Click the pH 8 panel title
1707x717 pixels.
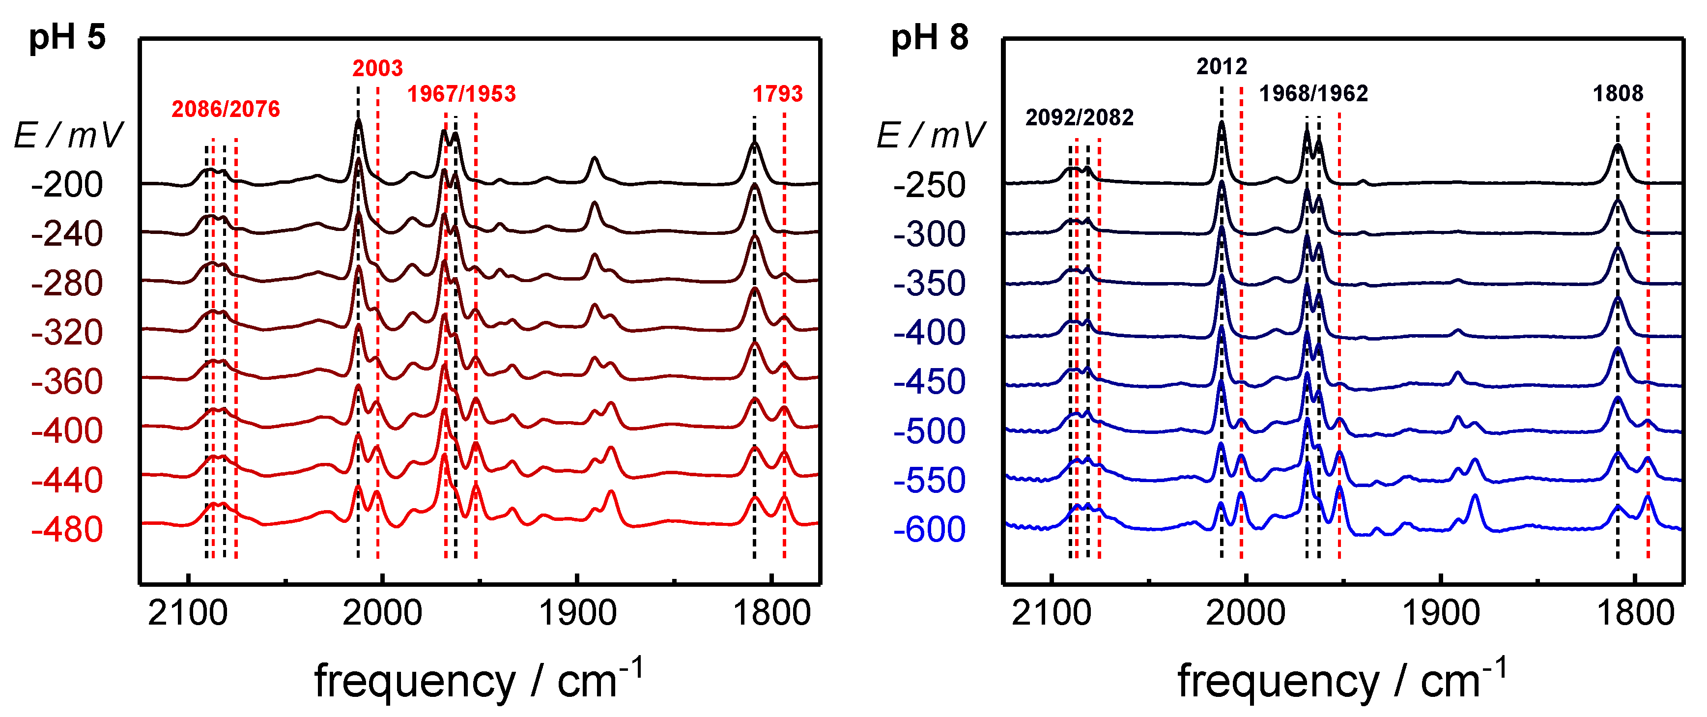929,37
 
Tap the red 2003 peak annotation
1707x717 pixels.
377,68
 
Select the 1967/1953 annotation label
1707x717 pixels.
461,94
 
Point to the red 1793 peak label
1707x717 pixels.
777,94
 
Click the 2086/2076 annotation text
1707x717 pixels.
226,109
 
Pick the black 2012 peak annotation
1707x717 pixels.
1221,66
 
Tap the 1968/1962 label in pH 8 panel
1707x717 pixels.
1313,93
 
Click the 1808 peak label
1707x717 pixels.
1618,93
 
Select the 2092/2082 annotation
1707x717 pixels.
1079,117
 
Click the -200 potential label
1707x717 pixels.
67,185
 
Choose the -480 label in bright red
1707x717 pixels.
67,529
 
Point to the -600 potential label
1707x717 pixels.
929,529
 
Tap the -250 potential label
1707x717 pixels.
929,185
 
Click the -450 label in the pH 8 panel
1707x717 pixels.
929,382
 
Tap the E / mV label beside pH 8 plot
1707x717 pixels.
930,135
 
